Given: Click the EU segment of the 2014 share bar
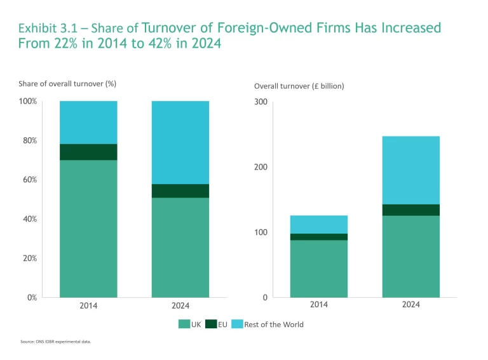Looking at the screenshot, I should coord(88,152).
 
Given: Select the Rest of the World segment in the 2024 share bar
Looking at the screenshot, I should coord(180,142).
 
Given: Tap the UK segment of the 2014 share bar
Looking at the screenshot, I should coord(88,229).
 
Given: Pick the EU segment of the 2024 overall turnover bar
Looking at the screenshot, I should coord(410,210).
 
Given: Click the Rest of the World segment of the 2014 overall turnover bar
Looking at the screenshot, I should coord(319,224).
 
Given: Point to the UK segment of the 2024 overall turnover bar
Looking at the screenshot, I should coord(410,257).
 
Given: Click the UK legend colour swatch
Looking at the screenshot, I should coord(184,324).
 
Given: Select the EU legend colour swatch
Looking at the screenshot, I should coord(210,324).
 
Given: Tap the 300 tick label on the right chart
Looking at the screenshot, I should coord(260,102).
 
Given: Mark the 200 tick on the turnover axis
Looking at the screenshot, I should coord(260,167).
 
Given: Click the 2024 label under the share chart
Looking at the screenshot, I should coord(180,305).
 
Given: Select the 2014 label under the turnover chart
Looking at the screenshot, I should coord(319,305).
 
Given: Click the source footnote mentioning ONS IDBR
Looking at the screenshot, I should coord(56,342).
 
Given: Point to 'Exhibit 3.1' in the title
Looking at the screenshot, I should coord(48,29).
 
